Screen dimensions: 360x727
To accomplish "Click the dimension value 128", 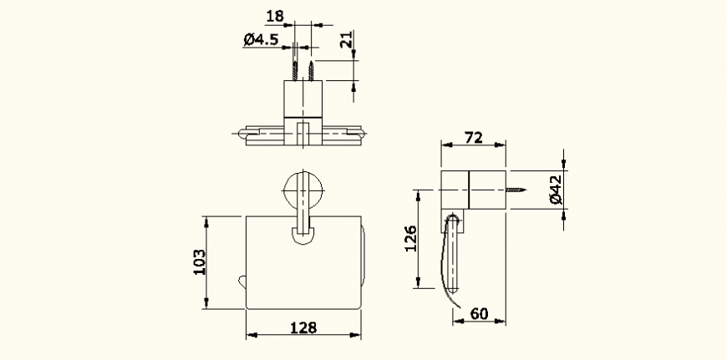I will pos(304,328).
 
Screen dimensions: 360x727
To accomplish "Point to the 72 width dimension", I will pos(474,139).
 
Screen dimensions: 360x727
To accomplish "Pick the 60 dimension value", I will pos(480,314).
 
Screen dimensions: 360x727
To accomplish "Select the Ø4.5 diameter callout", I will pos(261,39).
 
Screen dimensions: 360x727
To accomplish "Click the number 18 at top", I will pos(273,16).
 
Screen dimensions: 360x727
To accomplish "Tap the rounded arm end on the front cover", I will pos(303,236).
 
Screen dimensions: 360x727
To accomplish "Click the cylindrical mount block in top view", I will pos(303,99).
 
